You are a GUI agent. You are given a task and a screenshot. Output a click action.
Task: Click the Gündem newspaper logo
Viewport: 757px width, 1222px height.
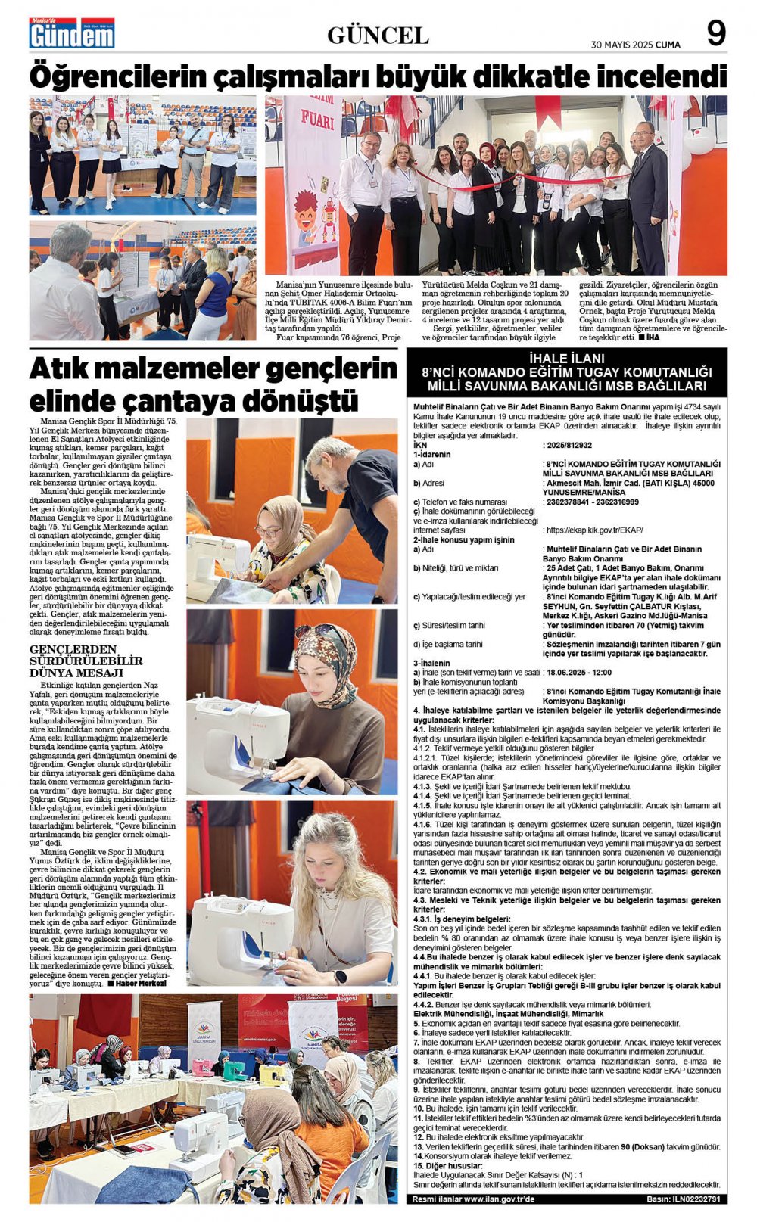click(72, 33)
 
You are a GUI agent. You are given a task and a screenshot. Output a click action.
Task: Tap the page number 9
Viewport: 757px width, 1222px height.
click(715, 33)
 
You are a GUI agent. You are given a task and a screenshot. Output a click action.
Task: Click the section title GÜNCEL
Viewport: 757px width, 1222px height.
click(378, 35)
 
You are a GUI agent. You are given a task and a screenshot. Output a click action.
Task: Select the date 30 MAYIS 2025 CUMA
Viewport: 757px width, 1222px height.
click(635, 45)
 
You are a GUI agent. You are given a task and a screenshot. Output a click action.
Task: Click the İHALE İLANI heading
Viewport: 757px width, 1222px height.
click(567, 358)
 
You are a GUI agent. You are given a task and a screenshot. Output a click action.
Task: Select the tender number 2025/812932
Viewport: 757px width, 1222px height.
click(569, 446)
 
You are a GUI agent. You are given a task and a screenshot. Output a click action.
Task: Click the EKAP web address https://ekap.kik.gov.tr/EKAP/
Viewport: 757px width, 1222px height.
click(594, 530)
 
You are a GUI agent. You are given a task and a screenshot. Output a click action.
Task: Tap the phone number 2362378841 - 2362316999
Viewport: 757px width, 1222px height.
click(591, 502)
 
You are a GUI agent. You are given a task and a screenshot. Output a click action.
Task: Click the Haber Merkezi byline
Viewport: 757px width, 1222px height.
click(140, 984)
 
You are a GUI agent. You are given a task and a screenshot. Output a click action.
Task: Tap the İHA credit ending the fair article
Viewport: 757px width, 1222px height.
click(653, 337)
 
